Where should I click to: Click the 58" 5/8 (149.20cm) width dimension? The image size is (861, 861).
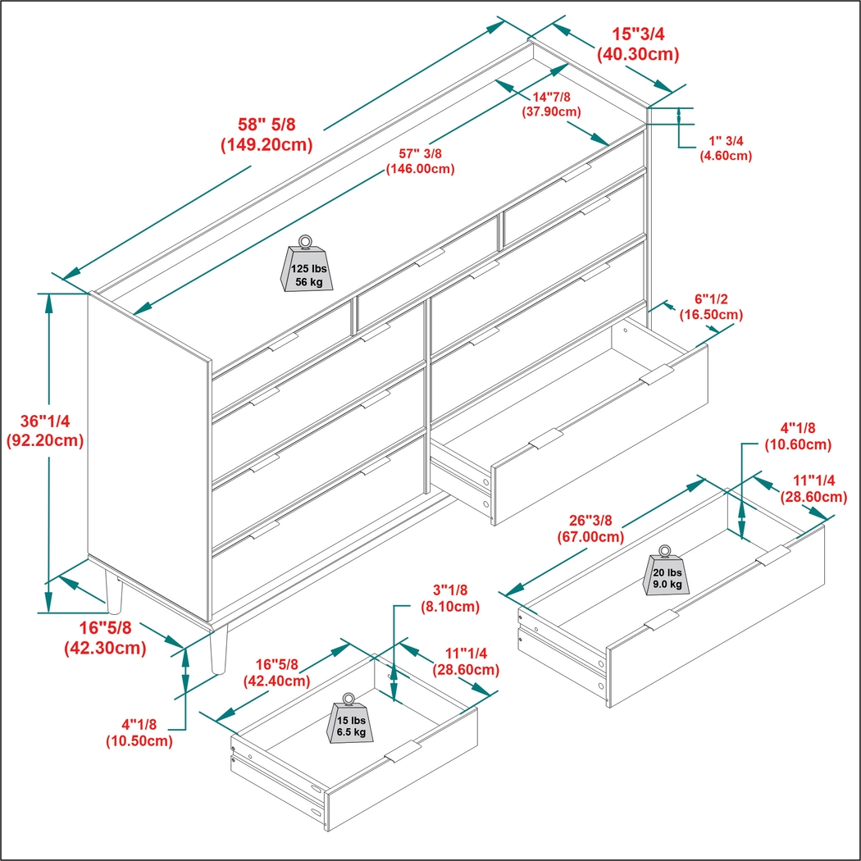266,135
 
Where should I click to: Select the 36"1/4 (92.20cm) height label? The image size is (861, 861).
46,430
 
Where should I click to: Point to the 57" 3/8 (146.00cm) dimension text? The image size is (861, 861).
421,162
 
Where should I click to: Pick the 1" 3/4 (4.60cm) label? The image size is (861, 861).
725,148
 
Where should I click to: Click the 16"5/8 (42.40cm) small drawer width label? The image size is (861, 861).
276,672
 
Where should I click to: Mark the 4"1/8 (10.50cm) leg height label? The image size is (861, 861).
139,732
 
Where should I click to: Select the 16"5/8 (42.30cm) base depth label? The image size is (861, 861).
105,638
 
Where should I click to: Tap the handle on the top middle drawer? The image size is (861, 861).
429,259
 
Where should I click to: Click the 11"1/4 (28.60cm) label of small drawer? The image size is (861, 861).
466,661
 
